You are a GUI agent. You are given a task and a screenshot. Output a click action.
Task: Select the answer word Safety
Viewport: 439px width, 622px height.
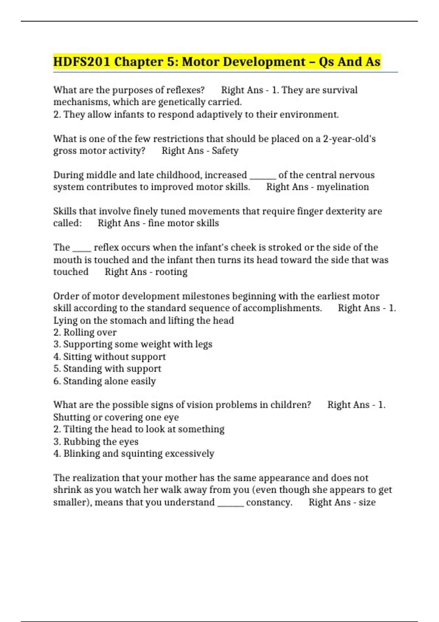pyautogui.click(x=225, y=151)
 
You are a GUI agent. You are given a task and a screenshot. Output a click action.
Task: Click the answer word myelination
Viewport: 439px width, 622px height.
pyautogui.click(x=342, y=187)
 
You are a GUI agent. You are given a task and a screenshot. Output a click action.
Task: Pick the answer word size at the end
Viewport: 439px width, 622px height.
pyautogui.click(x=367, y=502)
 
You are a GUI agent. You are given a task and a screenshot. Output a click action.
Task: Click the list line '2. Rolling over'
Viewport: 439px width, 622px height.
pyautogui.click(x=85, y=332)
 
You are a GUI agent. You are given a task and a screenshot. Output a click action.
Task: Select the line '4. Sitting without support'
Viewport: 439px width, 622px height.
pyautogui.click(x=109, y=357)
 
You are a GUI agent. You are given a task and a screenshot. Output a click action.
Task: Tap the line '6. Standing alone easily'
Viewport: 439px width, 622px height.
pyautogui.click(x=105, y=381)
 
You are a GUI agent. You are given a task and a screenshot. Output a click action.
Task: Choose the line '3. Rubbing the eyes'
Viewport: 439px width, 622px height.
pyautogui.click(x=96, y=442)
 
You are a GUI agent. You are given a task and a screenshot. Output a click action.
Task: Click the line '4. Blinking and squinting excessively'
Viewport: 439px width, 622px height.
pyautogui.click(x=134, y=454)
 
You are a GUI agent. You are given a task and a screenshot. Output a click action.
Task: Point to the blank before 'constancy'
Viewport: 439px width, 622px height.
pyautogui.click(x=230, y=505)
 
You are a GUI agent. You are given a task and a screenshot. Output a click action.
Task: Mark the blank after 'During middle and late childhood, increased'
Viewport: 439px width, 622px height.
pyautogui.click(x=263, y=178)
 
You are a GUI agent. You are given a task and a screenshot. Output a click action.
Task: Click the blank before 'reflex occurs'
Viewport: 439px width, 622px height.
pyautogui.click(x=82, y=250)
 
